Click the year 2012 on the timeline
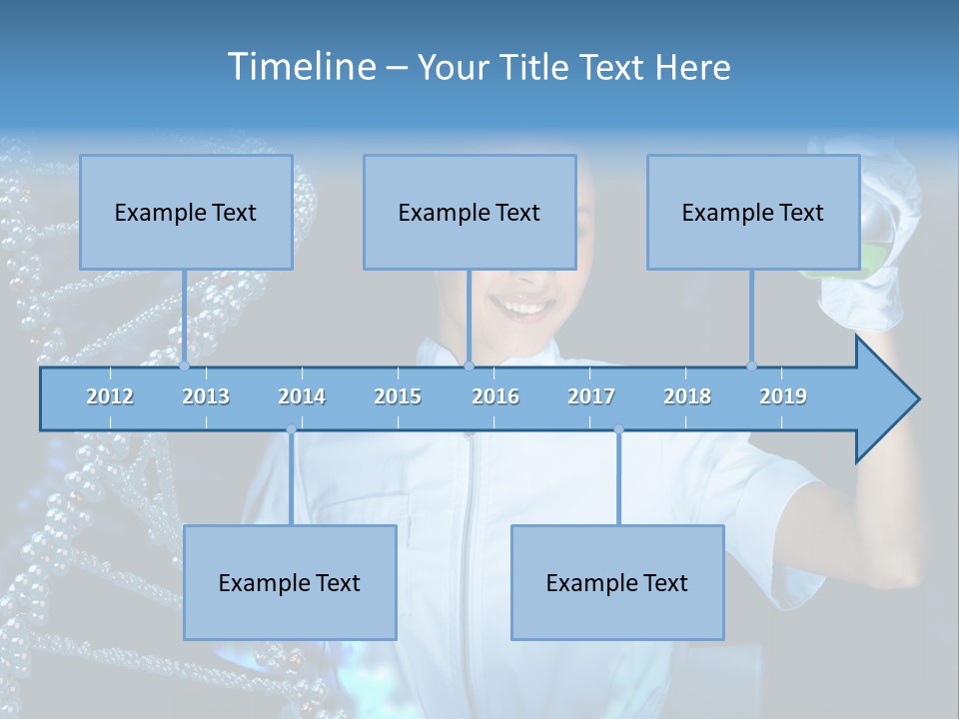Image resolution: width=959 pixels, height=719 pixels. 110,396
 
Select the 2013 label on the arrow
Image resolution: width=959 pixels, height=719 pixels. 206,396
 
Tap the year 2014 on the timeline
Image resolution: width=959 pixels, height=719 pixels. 302,396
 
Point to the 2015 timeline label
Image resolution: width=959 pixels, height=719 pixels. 398,396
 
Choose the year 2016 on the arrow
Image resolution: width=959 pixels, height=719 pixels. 495,396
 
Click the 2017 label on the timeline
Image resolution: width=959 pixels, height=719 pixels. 591,396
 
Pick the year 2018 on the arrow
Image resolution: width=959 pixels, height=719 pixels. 687,396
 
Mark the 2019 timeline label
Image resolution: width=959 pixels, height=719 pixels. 783,396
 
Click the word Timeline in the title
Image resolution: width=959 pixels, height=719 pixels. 300,67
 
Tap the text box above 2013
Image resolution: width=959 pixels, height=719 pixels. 186,212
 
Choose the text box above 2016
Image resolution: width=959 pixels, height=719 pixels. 470,212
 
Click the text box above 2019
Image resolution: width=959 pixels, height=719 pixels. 753,212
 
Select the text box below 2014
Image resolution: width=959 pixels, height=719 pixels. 290,582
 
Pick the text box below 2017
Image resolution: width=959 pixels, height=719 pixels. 617,582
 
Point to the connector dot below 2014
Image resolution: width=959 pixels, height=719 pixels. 291,429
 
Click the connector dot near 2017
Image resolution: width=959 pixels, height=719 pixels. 618,429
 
